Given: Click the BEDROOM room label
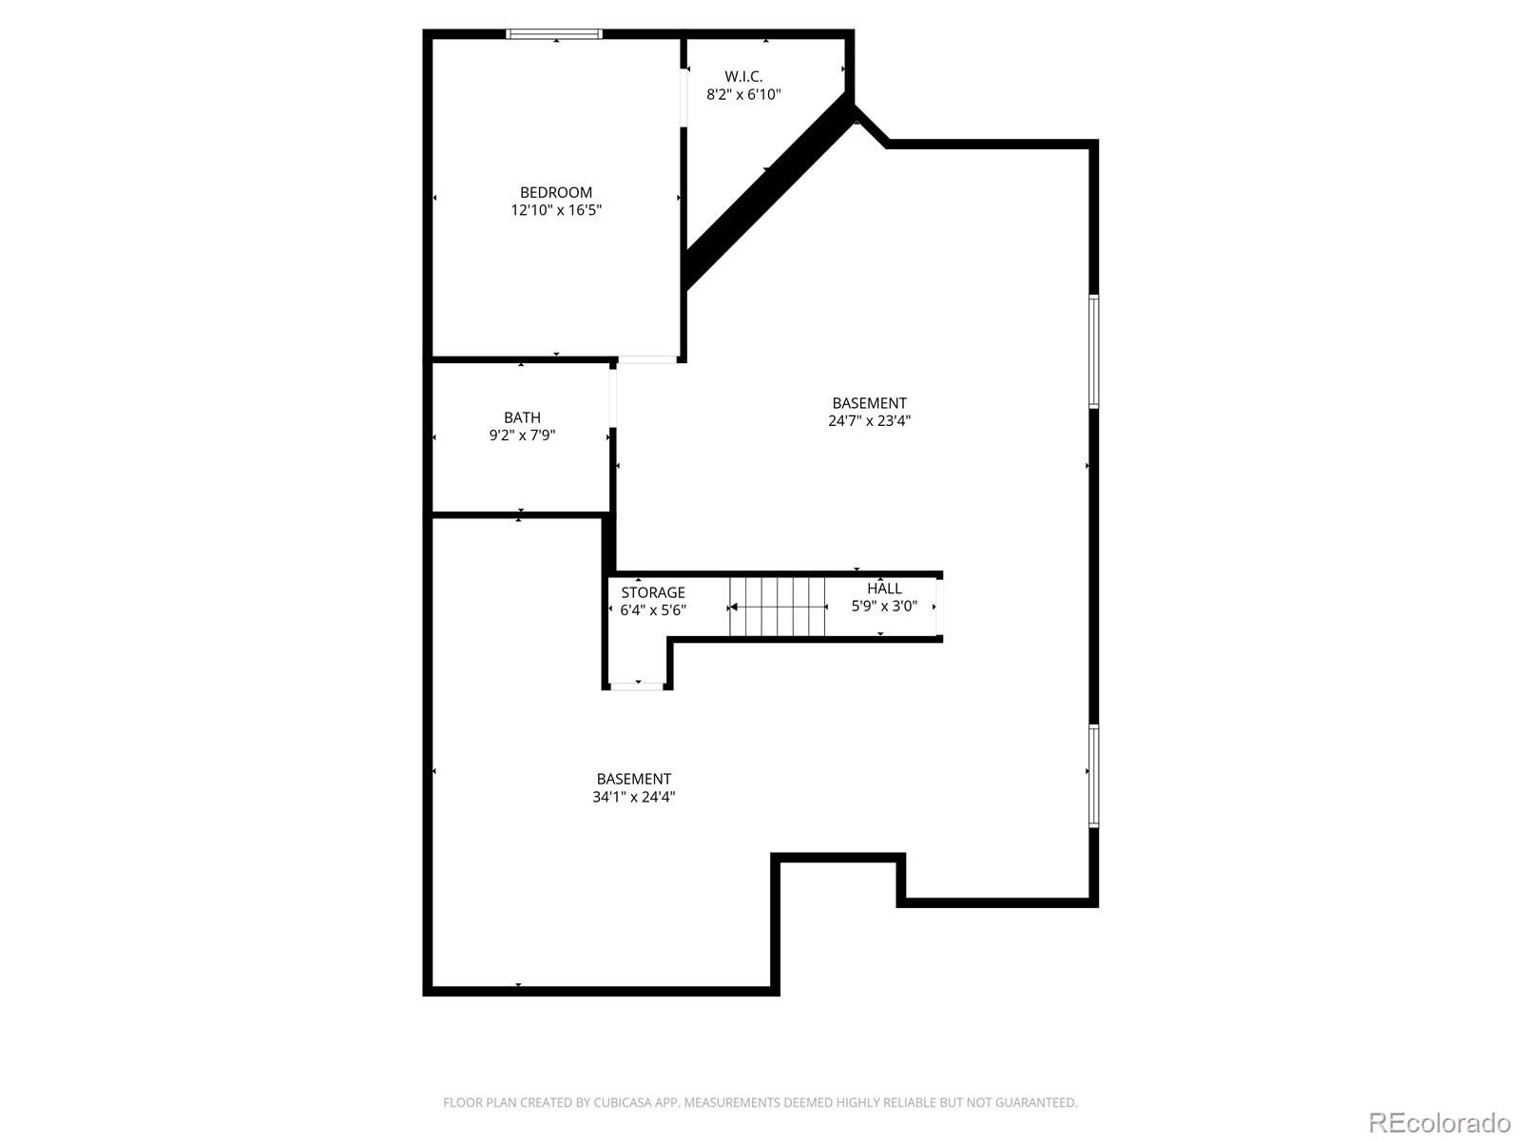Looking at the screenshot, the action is (556, 193).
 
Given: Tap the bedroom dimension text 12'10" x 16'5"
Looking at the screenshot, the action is (556, 210).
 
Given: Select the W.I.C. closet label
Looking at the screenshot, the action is (743, 76).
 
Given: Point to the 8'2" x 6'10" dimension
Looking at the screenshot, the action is (743, 94).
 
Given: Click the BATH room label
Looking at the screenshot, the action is (522, 417).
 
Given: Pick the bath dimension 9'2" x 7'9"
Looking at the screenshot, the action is (522, 435).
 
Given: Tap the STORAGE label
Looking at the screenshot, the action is (653, 592).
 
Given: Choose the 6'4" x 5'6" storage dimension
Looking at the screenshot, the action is (653, 609).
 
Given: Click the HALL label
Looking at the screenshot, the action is (884, 589).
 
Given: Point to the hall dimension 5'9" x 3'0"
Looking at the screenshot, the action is (884, 607).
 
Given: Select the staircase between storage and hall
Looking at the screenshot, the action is (777, 607).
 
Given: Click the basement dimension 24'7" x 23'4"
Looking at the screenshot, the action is (869, 420).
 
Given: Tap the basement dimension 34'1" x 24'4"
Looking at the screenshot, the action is (633, 797).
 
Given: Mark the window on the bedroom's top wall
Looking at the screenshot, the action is (553, 34).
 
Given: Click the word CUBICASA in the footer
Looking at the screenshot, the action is (623, 1102).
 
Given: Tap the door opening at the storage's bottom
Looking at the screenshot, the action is (637, 686).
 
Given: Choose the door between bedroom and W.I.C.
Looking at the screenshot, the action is (683, 98).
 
